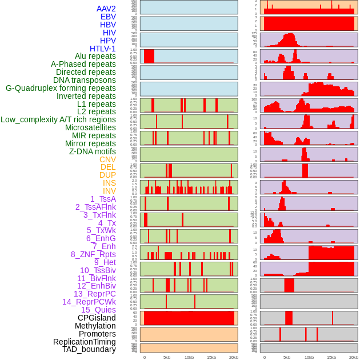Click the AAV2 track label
tap(106, 9)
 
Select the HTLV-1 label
tap(102, 49)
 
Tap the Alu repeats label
tap(95, 57)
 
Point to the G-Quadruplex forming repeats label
tap(61, 89)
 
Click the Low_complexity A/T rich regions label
tap(58, 120)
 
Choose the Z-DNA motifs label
tap(92, 151)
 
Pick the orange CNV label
tap(107, 159)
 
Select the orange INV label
tap(109, 191)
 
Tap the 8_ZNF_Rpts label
tap(93, 254)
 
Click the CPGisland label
tap(97, 318)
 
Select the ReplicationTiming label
tap(84, 342)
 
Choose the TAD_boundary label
tap(89, 349)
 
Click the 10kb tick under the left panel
tap(189, 357)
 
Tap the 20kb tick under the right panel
tap(354, 357)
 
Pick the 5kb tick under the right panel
tap(287, 357)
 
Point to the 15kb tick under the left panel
tap(211, 357)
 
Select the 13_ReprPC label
tap(94, 294)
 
